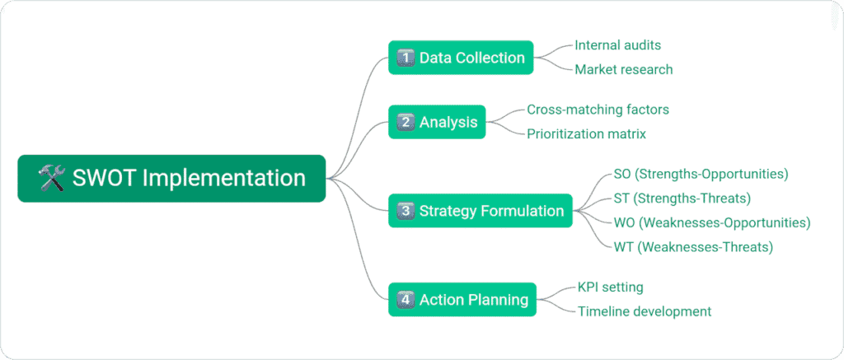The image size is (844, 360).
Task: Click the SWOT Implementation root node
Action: coord(171,178)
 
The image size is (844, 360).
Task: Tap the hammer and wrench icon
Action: coord(51,178)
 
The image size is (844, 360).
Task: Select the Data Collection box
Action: coord(461,58)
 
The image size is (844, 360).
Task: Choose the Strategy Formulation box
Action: coord(481,211)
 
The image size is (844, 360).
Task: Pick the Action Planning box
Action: coord(462,300)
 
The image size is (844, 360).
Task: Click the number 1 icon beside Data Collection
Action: coord(405,58)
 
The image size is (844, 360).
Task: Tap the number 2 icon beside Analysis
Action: coord(405,123)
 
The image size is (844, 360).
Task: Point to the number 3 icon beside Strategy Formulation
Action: coord(405,211)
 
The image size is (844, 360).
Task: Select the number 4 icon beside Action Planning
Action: coord(405,300)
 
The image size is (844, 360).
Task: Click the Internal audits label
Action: coord(617,45)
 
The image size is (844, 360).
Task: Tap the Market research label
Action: coord(623,69)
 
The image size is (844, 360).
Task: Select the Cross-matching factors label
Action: coord(587,110)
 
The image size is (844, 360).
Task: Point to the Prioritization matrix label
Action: coord(586,133)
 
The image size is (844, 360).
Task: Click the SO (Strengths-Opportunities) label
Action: coord(701,174)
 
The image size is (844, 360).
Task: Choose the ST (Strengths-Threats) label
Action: coord(682,198)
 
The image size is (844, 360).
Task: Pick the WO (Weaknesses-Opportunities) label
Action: coord(712,222)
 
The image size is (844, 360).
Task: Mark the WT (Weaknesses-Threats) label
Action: coord(692,246)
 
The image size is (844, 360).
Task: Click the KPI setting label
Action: coord(610,288)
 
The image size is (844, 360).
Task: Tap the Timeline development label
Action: coord(644,311)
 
